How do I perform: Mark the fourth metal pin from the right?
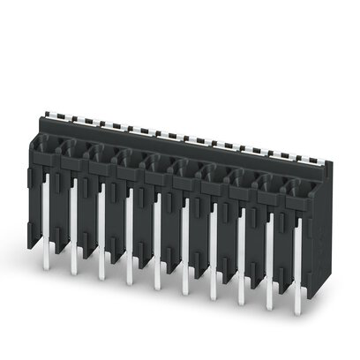212,251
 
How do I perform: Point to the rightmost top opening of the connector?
298,187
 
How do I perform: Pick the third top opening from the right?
243,177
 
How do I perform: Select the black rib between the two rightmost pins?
283,260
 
